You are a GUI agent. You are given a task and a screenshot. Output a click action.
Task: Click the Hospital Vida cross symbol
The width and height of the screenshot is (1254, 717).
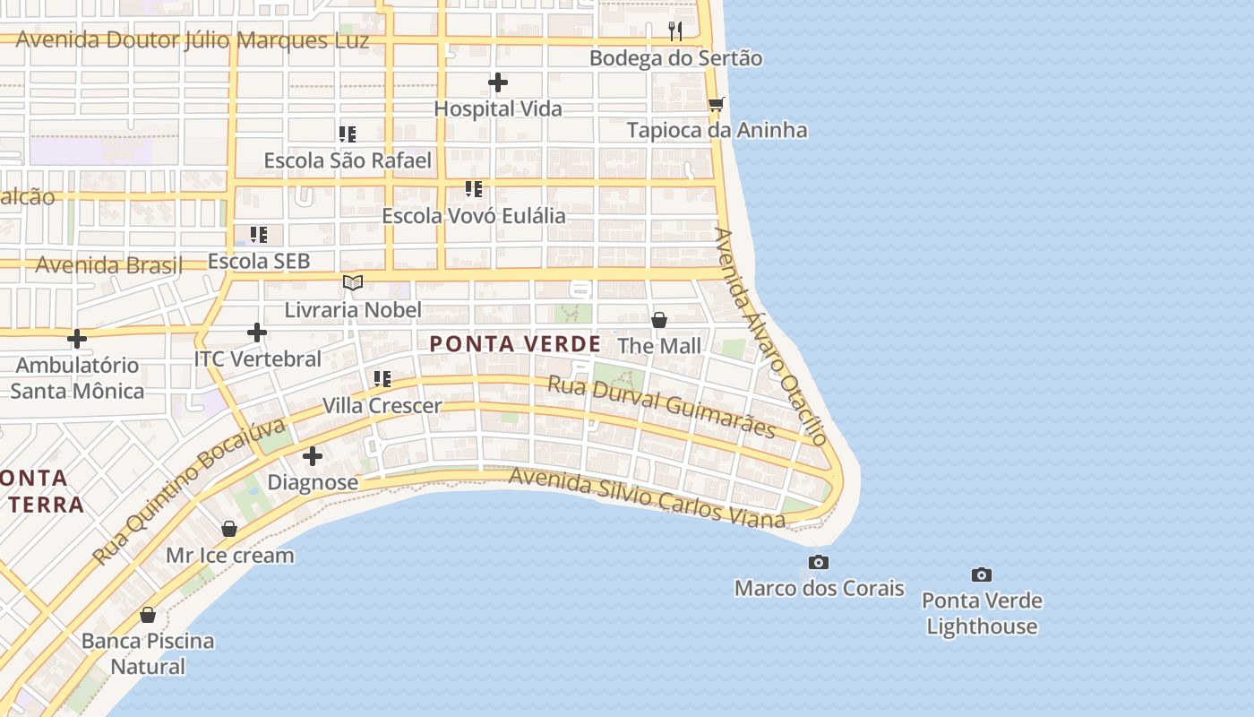coord(498,83)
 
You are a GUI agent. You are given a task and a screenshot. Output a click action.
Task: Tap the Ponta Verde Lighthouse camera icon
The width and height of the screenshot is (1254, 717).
coord(982,574)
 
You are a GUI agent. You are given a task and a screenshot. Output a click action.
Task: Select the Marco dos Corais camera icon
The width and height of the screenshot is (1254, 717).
coord(818,563)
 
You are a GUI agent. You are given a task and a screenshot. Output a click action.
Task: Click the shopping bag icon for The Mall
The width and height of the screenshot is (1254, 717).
coord(659,320)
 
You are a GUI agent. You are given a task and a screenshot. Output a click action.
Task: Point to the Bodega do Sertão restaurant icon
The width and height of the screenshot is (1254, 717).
coord(675,31)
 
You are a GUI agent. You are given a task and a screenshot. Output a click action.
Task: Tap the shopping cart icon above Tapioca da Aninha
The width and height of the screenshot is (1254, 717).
coord(716,105)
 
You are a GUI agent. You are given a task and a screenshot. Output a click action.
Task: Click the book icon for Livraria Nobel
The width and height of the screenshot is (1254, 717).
coord(353,283)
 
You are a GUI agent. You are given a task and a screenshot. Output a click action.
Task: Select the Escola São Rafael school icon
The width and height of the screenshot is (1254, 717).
coord(348,134)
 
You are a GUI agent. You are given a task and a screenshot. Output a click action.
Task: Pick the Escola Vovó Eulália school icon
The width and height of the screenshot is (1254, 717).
coord(474,189)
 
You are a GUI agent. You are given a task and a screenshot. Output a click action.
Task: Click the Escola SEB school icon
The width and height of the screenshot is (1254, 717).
coord(259,235)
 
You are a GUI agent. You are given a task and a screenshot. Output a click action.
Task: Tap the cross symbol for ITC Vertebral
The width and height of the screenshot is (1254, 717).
coord(257,333)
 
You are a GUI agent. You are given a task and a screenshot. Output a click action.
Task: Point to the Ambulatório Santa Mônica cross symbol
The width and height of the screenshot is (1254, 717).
coord(77,339)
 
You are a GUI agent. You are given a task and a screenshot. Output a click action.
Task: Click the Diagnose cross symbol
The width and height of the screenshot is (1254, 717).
coord(313,456)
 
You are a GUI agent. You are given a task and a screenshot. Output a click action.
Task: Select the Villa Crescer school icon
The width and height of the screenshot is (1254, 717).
coord(382,379)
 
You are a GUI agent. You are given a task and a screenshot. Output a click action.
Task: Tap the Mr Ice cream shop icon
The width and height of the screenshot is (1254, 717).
coord(229,529)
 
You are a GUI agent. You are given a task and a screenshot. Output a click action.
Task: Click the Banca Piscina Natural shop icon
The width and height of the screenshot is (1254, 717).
coord(148,615)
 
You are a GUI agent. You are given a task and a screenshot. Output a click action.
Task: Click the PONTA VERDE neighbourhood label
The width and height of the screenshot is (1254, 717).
coord(515,344)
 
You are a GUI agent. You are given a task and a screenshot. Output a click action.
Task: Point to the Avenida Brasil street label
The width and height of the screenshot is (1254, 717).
coord(108,265)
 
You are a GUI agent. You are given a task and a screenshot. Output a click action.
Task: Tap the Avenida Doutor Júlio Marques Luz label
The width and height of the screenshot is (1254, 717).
coord(193,40)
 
